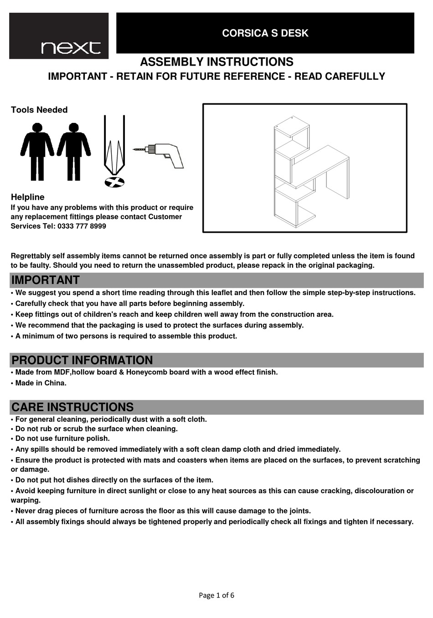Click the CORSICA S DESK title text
click(x=265, y=33)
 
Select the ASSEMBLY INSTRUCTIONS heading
click(x=216, y=62)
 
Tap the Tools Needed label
click(x=39, y=110)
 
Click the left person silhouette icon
click(x=37, y=151)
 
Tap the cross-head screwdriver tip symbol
click(x=114, y=183)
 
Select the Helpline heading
click(x=28, y=197)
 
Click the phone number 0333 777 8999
click(x=82, y=226)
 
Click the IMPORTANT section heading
click(x=46, y=280)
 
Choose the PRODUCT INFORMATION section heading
click(x=82, y=360)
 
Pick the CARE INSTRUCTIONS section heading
click(x=72, y=407)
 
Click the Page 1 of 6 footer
click(x=216, y=595)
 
